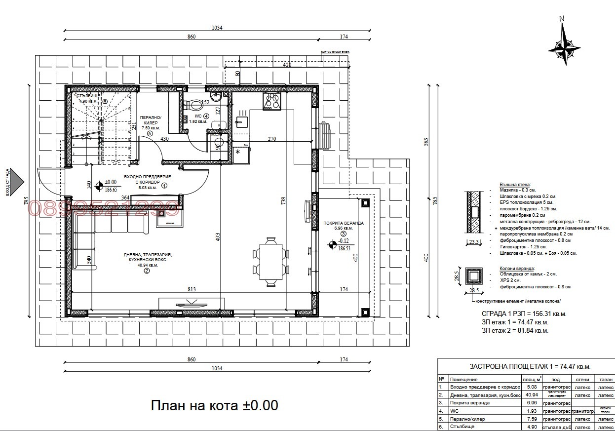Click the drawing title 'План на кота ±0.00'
point(214,406)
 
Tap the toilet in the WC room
point(195,105)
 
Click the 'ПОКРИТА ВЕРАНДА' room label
point(344,223)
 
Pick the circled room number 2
point(147,271)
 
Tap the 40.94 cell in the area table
point(532,395)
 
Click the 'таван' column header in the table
point(606,379)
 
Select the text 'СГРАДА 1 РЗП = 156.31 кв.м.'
point(524,313)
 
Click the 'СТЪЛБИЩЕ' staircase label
point(89,95)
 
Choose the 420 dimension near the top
point(288,65)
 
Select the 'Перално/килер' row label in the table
point(468,419)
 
